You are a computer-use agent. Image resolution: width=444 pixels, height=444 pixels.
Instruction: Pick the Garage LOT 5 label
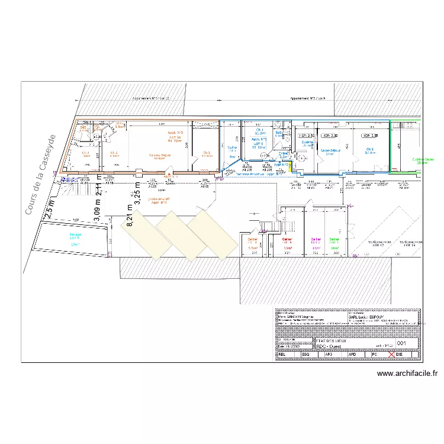[74, 239]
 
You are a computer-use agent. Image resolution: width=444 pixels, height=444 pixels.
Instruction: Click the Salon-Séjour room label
[329, 151]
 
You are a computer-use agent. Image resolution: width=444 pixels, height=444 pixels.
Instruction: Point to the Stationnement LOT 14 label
[411, 243]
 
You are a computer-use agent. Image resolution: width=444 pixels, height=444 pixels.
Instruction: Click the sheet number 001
[401, 343]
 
